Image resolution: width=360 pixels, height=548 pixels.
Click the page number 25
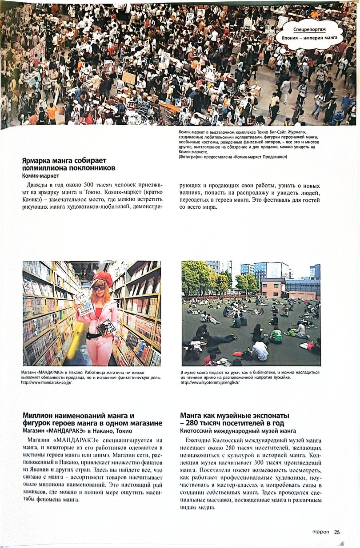pos(337,532)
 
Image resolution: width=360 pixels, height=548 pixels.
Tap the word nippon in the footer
pos(320,532)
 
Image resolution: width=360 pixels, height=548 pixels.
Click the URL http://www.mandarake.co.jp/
pos(46,382)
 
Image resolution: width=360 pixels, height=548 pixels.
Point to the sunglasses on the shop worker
pos(99,288)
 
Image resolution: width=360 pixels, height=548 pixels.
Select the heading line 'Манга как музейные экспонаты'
pos(235,415)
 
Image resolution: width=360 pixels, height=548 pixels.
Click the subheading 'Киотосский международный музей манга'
pos(238,431)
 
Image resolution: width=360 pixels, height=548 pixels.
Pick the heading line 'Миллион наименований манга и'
pos(78,415)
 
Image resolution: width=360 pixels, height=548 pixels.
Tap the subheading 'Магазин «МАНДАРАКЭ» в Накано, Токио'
pos(77,431)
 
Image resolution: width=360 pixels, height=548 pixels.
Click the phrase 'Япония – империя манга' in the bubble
pos(309,38)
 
